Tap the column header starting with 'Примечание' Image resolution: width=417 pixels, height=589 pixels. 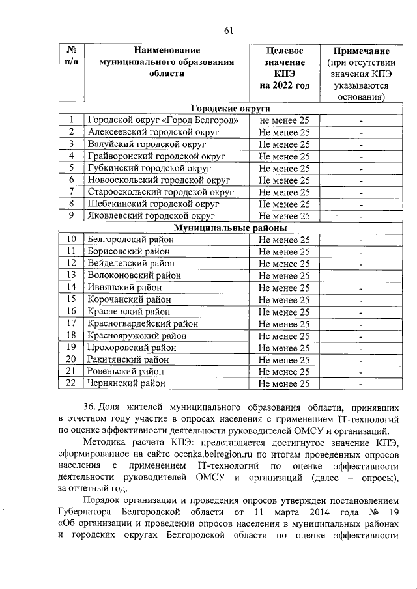tap(362, 74)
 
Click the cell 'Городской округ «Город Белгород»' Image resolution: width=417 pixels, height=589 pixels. tap(167, 120)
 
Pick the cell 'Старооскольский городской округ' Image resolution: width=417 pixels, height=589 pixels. tap(160, 191)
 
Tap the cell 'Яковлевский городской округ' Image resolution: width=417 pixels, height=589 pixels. tap(151, 215)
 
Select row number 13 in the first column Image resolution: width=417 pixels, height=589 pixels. tap(72, 275)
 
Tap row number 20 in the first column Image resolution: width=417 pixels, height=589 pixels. tap(72, 359)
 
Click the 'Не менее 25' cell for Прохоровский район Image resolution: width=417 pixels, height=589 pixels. tap(284, 347)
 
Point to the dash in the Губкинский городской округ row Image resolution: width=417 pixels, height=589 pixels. tap(361, 168)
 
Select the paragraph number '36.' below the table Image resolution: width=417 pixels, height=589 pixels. tap(93, 406)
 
